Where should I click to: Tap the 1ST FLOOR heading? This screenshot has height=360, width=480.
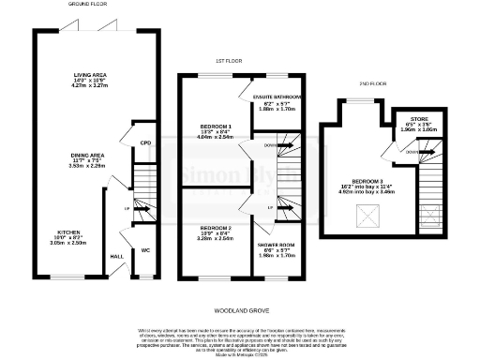click(x=229, y=60)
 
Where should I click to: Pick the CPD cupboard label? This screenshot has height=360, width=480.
click(x=145, y=142)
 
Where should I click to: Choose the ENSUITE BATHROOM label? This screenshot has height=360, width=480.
click(x=277, y=97)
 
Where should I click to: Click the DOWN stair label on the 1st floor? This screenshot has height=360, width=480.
click(x=270, y=145)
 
